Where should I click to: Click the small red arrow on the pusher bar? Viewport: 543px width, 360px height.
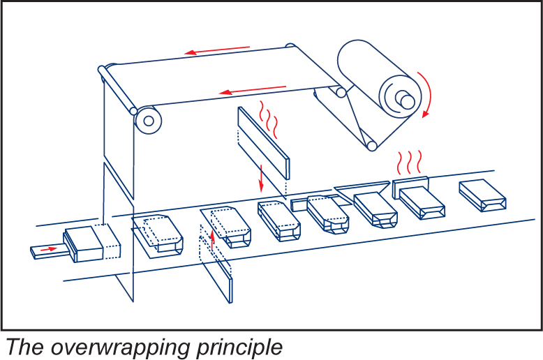[48, 248]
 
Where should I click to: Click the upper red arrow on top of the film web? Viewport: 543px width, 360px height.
[217, 50]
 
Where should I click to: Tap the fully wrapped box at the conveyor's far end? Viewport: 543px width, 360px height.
[484, 195]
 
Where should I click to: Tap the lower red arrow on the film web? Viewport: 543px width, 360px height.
[252, 89]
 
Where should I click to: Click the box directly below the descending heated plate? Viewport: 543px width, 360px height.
[278, 218]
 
